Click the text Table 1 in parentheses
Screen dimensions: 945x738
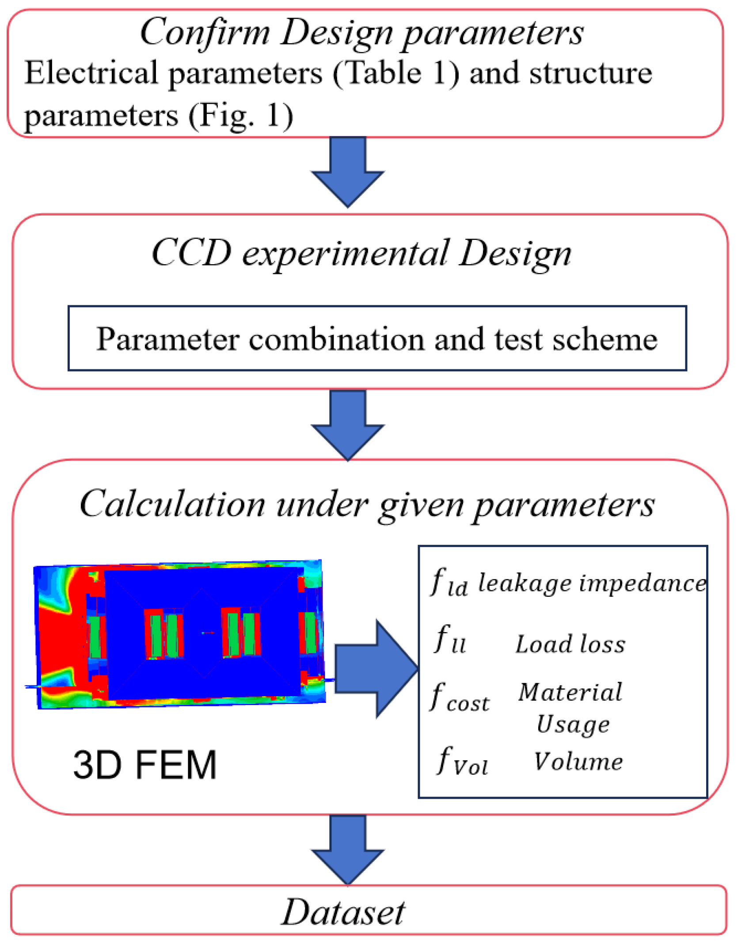[396, 73]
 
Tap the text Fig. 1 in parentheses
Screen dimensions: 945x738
[240, 116]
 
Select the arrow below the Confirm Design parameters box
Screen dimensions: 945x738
[348, 172]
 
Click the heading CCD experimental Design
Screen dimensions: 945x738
[361, 254]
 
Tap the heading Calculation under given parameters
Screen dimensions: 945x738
[367, 505]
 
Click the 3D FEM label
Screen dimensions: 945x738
[145, 765]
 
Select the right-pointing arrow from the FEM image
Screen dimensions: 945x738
[376, 668]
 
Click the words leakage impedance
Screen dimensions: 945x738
[592, 583]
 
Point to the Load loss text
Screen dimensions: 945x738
[570, 644]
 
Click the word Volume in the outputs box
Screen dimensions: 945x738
[578, 761]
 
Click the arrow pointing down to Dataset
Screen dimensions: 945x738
[348, 850]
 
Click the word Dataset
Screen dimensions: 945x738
[343, 912]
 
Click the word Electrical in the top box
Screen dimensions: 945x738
[91, 73]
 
